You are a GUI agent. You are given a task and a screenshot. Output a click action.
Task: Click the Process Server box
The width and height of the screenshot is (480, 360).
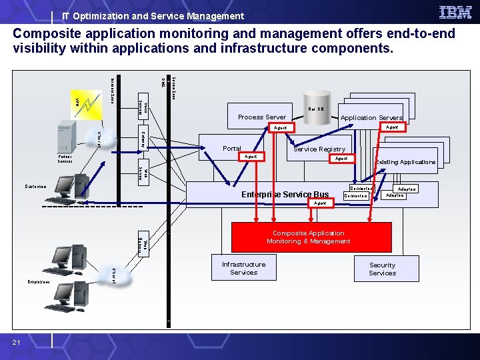(x=262, y=117)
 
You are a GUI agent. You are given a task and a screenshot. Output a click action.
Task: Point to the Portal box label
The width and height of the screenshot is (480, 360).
(x=232, y=149)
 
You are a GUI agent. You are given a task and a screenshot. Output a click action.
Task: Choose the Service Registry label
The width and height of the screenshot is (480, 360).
(x=319, y=149)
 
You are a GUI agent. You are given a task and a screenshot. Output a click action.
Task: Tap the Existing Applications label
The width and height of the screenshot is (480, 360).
(x=405, y=162)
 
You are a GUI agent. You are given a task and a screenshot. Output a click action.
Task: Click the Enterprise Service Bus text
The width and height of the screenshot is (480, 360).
(x=285, y=195)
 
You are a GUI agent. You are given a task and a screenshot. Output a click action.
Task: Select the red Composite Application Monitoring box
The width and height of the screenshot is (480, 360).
(x=311, y=237)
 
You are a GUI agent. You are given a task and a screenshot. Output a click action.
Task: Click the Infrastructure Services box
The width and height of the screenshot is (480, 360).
(x=243, y=268)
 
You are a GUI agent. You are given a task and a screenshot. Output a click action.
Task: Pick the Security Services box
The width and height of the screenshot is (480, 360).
(x=382, y=269)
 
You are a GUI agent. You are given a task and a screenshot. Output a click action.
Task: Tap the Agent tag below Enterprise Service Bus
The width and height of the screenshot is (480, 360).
(x=320, y=203)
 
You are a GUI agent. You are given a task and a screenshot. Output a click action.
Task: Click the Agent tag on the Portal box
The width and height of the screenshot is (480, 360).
(x=251, y=157)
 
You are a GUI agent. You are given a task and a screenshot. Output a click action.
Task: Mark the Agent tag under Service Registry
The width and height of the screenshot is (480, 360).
(x=341, y=159)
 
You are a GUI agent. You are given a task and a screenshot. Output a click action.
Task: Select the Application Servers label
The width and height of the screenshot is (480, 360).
(x=371, y=118)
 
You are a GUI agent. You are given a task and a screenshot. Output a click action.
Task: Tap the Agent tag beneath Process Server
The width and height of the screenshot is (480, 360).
(x=281, y=127)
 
